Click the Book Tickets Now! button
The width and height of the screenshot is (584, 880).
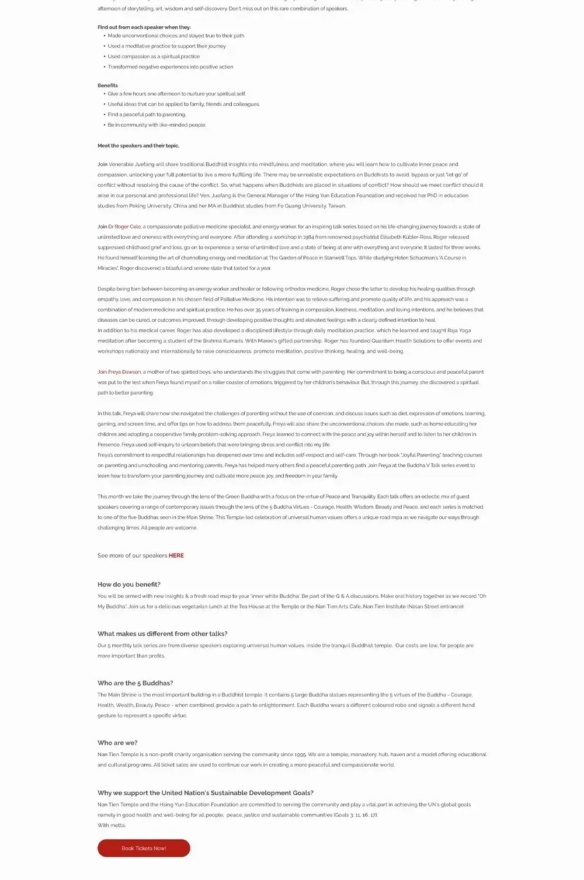coord(144,848)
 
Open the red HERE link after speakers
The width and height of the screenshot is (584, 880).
coord(176,555)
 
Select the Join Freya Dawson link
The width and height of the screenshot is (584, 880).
coord(119,372)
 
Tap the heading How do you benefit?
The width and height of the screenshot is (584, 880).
coord(129,585)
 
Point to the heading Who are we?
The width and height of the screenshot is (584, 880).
coord(117,743)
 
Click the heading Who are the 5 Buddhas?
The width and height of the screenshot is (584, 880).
coord(135,683)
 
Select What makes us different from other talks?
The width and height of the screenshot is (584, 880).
coord(162,634)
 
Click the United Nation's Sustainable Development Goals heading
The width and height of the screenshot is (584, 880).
coord(206,793)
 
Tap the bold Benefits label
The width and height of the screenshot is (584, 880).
coord(107,85)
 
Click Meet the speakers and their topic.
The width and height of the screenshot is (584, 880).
coord(138,146)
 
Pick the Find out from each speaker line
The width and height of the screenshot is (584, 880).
coord(144,27)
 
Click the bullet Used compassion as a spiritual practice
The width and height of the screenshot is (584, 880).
coord(154,57)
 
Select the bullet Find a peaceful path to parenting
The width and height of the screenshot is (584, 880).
coord(147,114)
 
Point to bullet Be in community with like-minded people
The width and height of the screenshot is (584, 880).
coord(157,125)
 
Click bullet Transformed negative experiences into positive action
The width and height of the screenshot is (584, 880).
coord(171,67)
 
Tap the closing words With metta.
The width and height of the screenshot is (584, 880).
coord(112,825)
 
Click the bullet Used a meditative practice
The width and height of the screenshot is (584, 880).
coord(166,46)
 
